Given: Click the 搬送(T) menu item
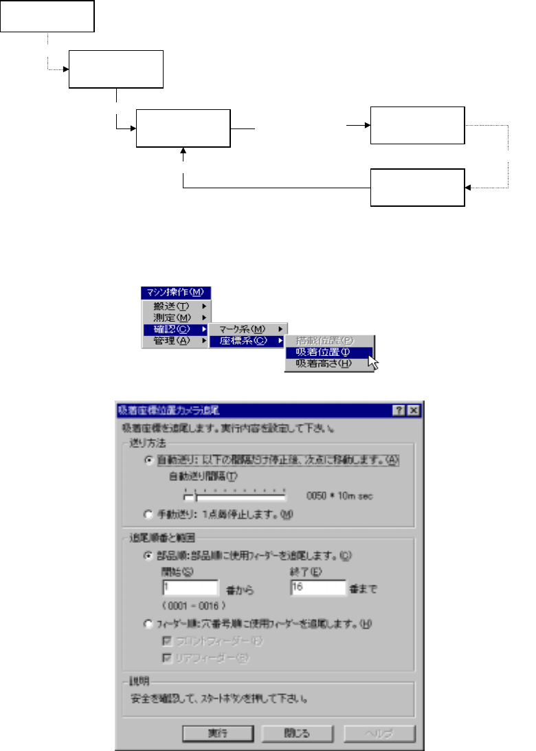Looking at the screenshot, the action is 172,305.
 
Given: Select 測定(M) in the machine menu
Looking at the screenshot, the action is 172,317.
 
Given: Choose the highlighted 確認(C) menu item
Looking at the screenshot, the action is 172,328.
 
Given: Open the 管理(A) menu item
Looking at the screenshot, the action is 172,340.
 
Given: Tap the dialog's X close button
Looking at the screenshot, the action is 413,410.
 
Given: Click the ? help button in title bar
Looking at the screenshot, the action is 399,410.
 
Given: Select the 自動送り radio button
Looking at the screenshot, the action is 148,461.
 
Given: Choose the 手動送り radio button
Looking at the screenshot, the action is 148,513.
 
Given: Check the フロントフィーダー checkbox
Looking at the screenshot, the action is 166,641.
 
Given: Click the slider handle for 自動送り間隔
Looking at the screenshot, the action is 197,495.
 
